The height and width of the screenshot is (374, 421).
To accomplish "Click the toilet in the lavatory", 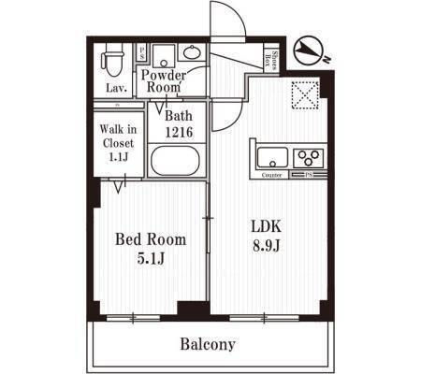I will coord(112,62).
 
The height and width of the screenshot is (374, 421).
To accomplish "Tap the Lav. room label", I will coord(116,89).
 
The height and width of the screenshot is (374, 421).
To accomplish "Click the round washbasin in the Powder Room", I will coord(193,52).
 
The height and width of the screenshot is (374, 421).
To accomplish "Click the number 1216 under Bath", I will coord(178,133).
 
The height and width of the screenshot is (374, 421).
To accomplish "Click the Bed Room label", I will coord(150,239).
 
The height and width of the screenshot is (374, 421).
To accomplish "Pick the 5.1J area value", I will coord(150,258).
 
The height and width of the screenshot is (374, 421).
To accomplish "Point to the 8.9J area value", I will coord(267,246).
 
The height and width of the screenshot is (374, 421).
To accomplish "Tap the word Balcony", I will coord(208,344).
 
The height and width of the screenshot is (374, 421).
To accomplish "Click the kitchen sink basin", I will coord(269,156).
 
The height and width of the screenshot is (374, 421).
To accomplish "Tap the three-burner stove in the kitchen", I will coord(309,156).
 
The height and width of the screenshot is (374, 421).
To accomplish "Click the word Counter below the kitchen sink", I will coord(272,175).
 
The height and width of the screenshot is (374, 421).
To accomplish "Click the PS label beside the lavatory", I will coord(142,53).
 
